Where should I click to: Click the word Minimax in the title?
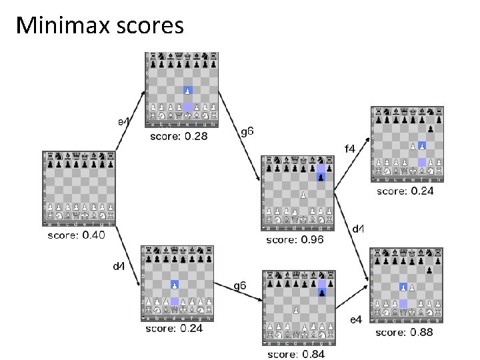(x=55, y=25)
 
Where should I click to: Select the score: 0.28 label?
(x=177, y=136)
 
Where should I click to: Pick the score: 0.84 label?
(x=296, y=354)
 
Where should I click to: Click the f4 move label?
(x=349, y=148)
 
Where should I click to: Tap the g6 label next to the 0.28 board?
(x=247, y=132)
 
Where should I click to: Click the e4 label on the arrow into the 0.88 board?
(x=356, y=320)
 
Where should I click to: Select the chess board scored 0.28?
(x=181, y=89)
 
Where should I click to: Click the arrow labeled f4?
(x=351, y=164)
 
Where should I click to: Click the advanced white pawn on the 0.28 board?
(x=188, y=90)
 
